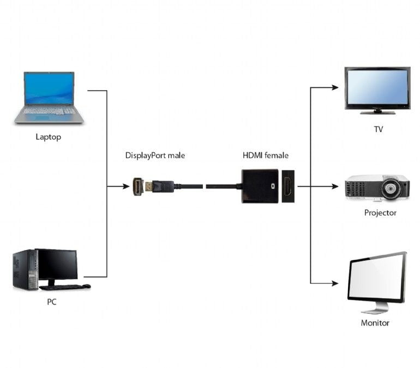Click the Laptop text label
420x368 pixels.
pyautogui.click(x=48, y=137)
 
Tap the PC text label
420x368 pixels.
pyautogui.click(x=51, y=302)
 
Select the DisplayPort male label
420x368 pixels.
pyautogui.click(x=155, y=156)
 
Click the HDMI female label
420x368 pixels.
pyautogui.click(x=265, y=156)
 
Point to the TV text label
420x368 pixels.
pyautogui.click(x=378, y=129)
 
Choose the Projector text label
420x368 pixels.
pyautogui.click(x=380, y=213)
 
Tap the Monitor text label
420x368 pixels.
pyautogui.click(x=375, y=323)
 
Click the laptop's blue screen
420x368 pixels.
pyautogui.click(x=49, y=88)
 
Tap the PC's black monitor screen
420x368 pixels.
pyautogui.click(x=57, y=264)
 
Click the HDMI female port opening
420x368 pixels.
pyautogui.click(x=288, y=187)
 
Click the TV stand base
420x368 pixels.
pyautogui.click(x=377, y=112)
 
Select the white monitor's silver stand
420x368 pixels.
pyautogui.click(x=375, y=308)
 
